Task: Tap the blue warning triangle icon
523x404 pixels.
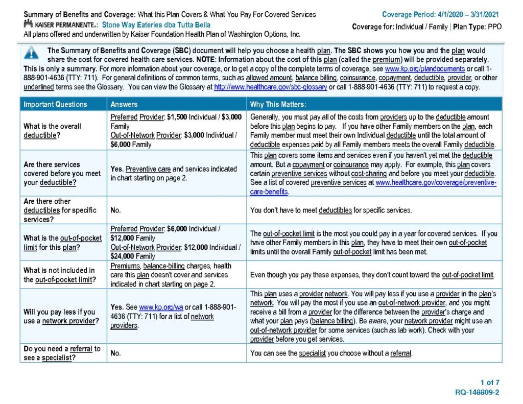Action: click(x=31, y=53)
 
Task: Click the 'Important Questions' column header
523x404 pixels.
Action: click(x=55, y=104)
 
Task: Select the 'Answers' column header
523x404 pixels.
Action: click(x=124, y=104)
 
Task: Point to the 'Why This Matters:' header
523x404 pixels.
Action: click(x=277, y=104)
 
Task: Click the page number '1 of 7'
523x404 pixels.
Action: click(x=490, y=382)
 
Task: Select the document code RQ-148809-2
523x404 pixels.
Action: click(x=477, y=392)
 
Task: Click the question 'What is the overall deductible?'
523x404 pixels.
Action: click(x=53, y=130)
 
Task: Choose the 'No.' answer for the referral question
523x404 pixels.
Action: click(x=116, y=353)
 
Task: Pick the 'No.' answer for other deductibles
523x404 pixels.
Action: click(x=116, y=210)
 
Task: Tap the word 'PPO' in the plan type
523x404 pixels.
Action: click(x=494, y=27)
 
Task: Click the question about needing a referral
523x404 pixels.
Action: click(x=62, y=353)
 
